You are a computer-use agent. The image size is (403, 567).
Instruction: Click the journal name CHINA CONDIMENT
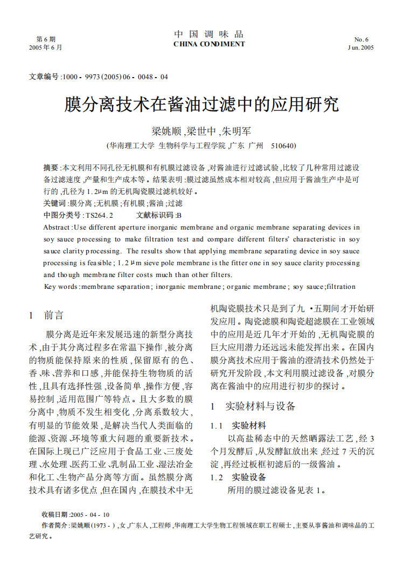(209, 44)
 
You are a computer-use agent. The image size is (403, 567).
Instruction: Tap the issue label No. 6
(361, 39)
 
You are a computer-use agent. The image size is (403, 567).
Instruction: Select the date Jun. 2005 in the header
(360, 47)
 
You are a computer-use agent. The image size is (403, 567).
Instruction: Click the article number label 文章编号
(43, 77)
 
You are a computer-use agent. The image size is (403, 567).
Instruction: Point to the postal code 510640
(283, 146)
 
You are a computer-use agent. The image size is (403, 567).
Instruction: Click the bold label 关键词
(54, 203)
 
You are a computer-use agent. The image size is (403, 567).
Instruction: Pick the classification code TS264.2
(99, 215)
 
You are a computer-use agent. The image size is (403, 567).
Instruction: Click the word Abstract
(57, 227)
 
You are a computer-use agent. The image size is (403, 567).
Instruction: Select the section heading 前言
(54, 315)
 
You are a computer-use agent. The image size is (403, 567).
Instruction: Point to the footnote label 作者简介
(55, 525)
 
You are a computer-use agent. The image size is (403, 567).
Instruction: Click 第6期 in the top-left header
(46, 39)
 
